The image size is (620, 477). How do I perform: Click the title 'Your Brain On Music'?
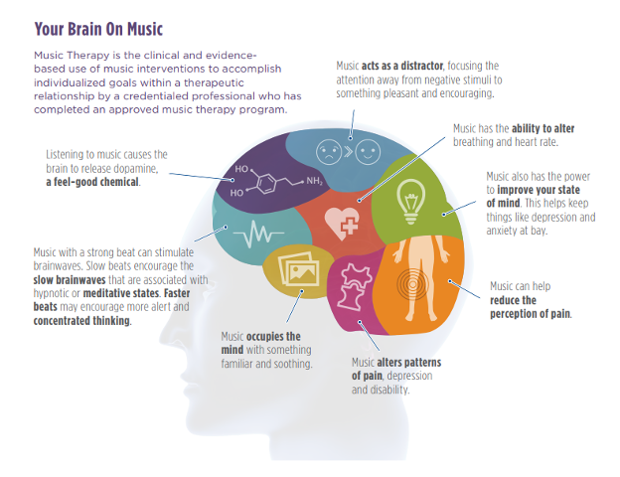point(98,29)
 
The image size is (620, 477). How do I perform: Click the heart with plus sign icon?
point(342,220)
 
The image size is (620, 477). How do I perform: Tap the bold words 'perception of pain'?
point(530,314)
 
